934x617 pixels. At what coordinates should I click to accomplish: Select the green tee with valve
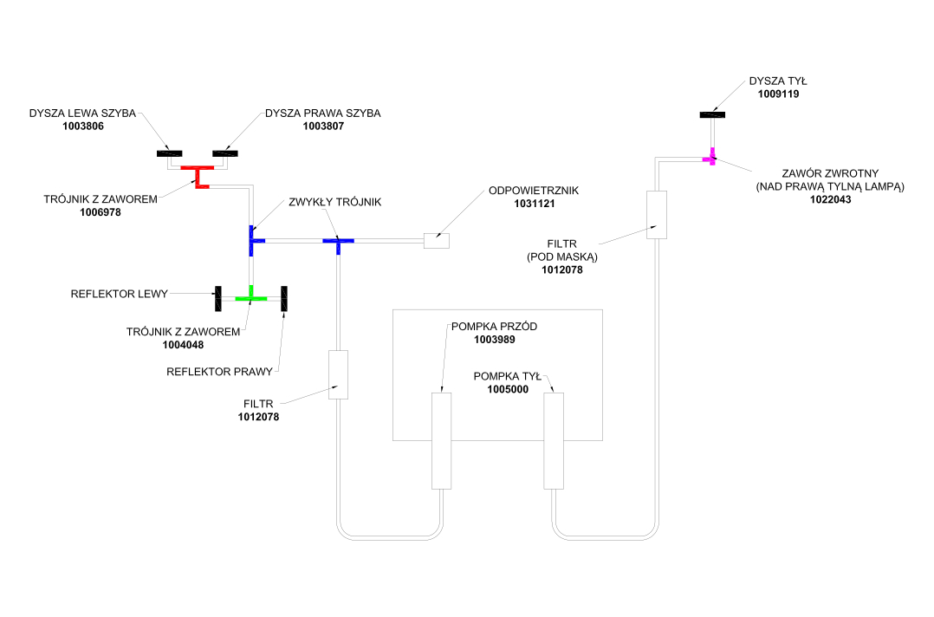point(250,297)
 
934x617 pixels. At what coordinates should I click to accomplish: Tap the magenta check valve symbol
point(710,158)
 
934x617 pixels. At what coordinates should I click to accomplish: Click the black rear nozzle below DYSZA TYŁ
point(712,114)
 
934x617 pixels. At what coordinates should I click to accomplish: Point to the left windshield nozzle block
point(169,154)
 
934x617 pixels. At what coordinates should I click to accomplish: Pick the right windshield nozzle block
point(224,154)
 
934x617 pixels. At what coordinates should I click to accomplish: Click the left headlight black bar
point(217,297)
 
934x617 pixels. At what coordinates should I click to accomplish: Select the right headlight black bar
point(283,297)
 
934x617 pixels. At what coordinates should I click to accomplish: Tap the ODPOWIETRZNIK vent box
point(436,240)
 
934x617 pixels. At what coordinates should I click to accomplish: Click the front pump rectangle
point(442,440)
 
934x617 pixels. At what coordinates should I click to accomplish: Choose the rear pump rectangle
point(553,440)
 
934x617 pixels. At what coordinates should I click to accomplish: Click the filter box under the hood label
point(656,214)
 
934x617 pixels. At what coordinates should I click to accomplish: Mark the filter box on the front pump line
point(338,374)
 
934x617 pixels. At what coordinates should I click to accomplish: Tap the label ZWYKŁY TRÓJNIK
point(335,202)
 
